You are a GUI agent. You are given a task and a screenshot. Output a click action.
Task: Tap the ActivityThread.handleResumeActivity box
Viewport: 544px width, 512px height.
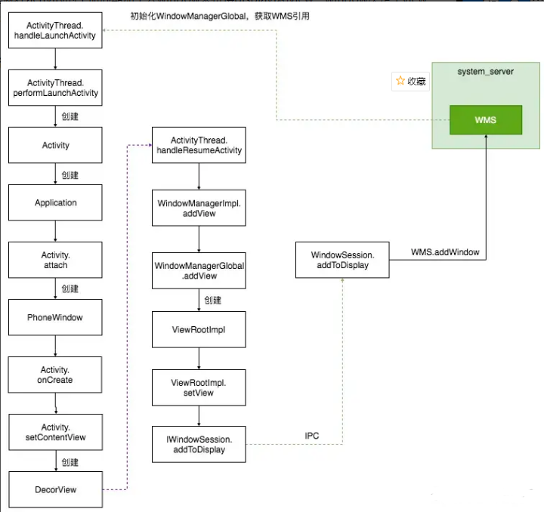(199, 145)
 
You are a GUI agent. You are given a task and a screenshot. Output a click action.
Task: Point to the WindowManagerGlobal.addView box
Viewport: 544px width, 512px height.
(199, 270)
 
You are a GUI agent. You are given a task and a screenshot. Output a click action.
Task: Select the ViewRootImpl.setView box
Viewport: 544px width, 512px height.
(199, 388)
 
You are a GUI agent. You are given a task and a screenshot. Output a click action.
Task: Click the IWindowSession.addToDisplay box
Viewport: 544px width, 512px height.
(199, 444)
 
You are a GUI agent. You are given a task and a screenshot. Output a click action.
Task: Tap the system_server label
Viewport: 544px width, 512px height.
(486, 71)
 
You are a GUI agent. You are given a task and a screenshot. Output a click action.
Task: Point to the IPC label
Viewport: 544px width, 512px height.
(313, 436)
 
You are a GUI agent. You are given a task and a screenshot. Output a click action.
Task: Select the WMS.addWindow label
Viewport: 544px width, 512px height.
(444, 252)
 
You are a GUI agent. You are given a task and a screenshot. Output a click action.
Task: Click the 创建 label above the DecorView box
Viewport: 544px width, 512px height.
(70, 462)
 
